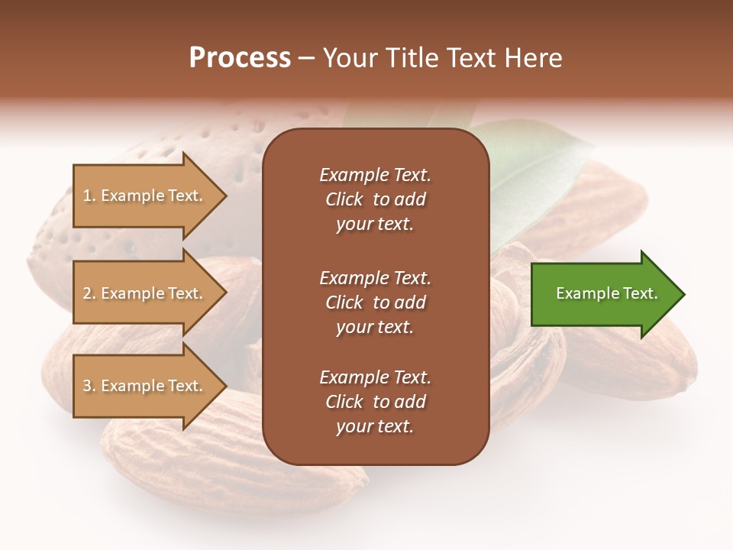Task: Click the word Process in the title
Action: (x=240, y=58)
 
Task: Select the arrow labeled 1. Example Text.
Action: (x=145, y=196)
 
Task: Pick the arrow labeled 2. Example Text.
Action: (x=145, y=293)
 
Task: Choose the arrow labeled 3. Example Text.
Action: (x=145, y=386)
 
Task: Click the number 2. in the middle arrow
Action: (x=89, y=293)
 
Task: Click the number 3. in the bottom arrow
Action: (x=89, y=386)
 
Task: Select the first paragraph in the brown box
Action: (x=375, y=199)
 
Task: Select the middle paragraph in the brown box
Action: (x=375, y=302)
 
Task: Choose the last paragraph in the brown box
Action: (x=375, y=402)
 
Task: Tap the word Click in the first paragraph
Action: (x=344, y=199)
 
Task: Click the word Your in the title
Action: (x=348, y=58)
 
